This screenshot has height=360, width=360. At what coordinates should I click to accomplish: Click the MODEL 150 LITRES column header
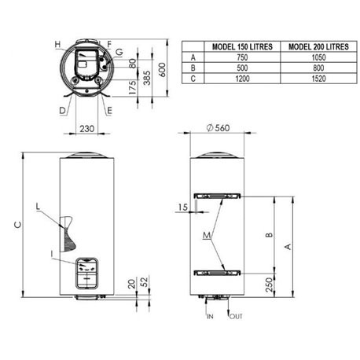tap(242, 46)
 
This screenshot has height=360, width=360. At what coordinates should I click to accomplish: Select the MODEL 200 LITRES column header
tap(318, 46)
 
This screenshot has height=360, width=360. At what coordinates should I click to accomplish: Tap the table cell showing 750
tap(242, 57)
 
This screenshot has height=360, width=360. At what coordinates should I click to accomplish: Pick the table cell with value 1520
tap(318, 79)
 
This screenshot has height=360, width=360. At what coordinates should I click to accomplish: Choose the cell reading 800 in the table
tap(318, 68)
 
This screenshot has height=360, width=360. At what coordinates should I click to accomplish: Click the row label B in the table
tap(193, 68)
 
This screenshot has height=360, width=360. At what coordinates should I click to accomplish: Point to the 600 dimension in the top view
tap(163, 70)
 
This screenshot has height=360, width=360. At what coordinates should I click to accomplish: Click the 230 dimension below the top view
tap(87, 129)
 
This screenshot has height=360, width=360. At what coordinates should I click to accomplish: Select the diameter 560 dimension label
tap(218, 128)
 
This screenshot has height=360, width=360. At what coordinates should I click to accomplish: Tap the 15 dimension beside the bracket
tap(183, 208)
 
